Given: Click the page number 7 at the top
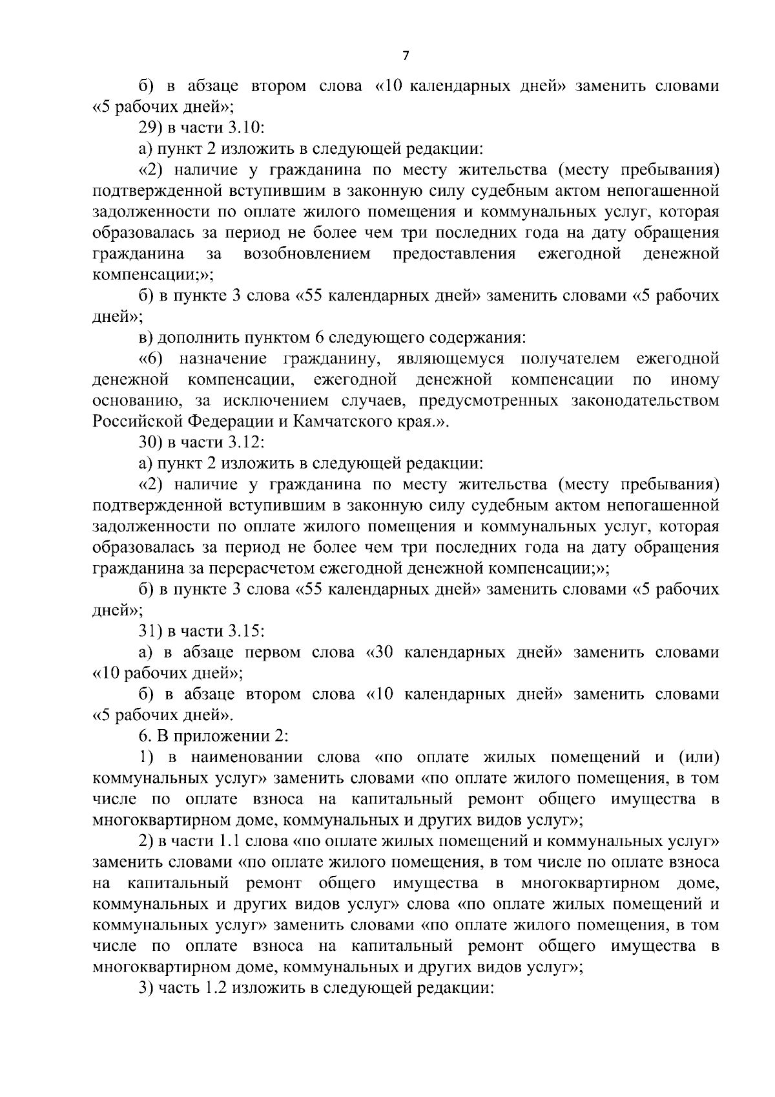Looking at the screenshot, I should pos(406,56).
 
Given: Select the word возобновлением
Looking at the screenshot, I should pos(307,253).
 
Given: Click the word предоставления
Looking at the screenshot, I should pos(454,253).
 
